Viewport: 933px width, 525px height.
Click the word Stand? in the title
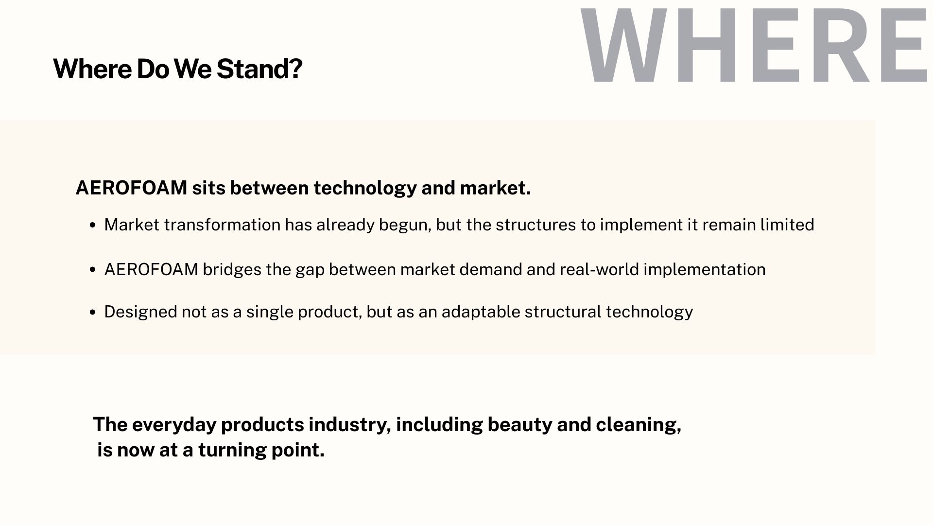point(259,69)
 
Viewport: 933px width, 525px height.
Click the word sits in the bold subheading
point(208,188)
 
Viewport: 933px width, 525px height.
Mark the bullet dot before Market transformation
point(93,226)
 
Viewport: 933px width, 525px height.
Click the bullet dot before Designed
point(93,313)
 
